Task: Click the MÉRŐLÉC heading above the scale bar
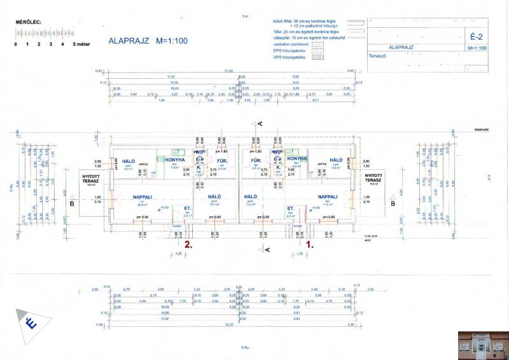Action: pos(28,22)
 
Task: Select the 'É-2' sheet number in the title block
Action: pos(477,36)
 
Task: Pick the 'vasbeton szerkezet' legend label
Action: pos(289,43)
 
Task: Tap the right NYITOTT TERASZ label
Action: pos(372,177)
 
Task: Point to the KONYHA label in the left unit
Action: pos(175,159)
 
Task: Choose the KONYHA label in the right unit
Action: pos(297,158)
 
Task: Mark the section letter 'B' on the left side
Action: pos(72,204)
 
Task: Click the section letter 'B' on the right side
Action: pos(393,204)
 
